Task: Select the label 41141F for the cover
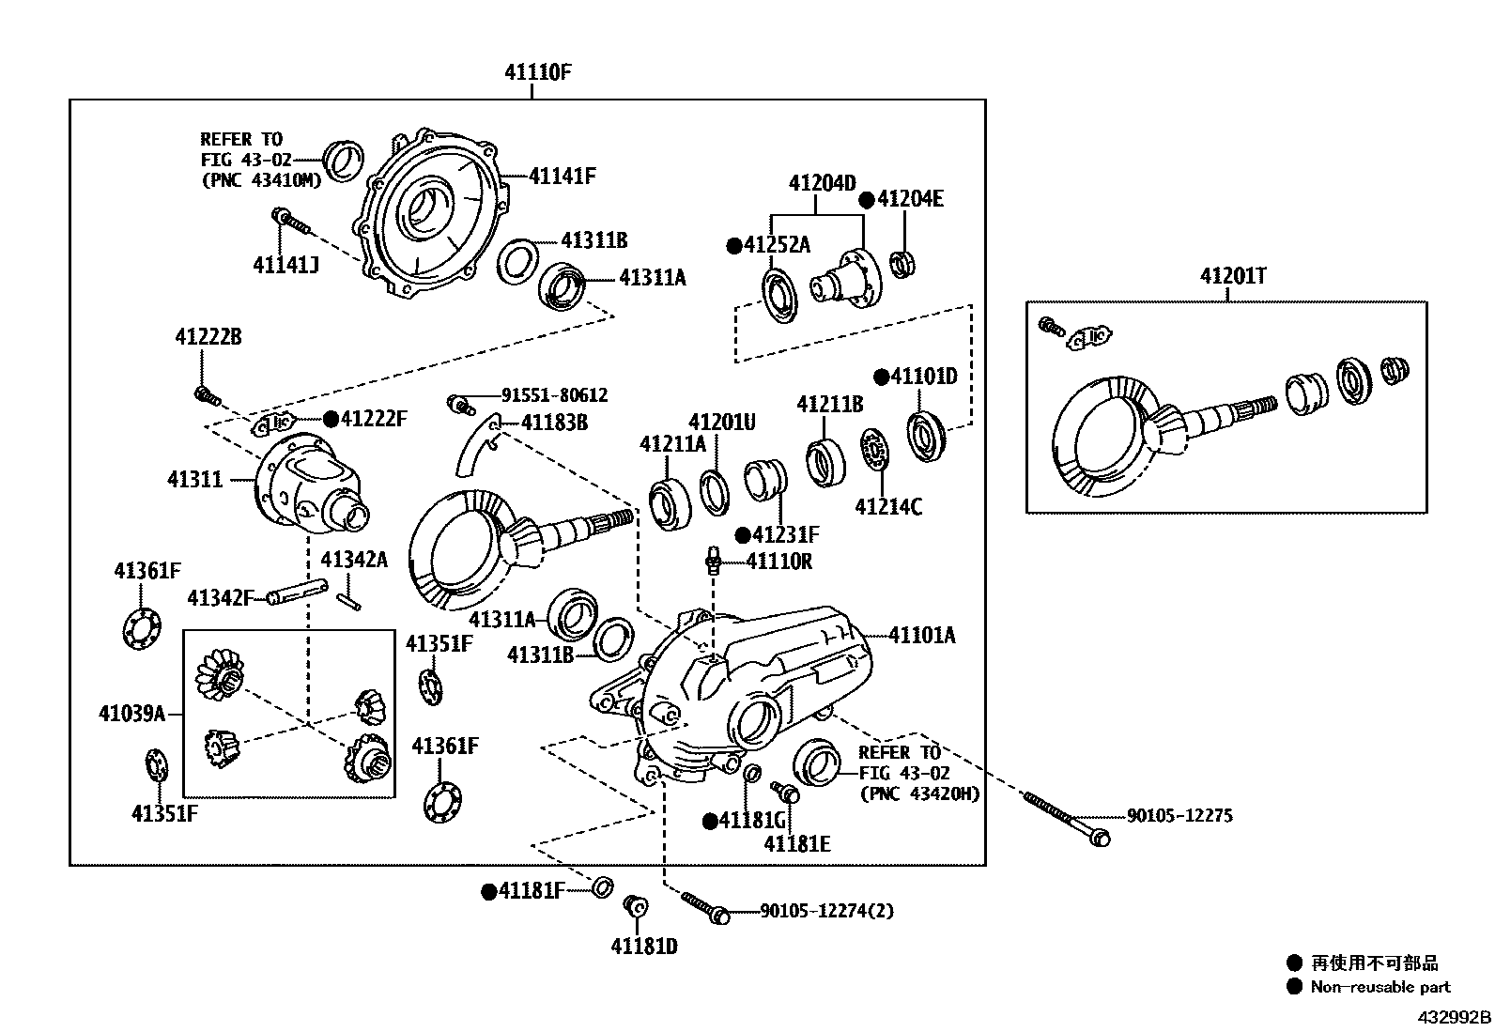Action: (562, 176)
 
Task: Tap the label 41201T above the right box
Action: (1232, 276)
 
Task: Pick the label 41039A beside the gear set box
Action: (131, 714)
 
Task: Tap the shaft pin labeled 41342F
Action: (296, 593)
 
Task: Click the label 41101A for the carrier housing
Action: (921, 636)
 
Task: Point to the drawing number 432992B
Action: (1454, 1017)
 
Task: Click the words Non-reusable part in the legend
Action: (1380, 987)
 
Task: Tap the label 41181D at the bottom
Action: (644, 947)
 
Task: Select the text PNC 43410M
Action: (262, 180)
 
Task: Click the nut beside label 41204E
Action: (903, 264)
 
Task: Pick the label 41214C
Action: (887, 507)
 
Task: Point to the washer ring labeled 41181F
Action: (601, 886)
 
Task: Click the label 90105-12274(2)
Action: (826, 911)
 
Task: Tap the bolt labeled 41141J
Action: (292, 223)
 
